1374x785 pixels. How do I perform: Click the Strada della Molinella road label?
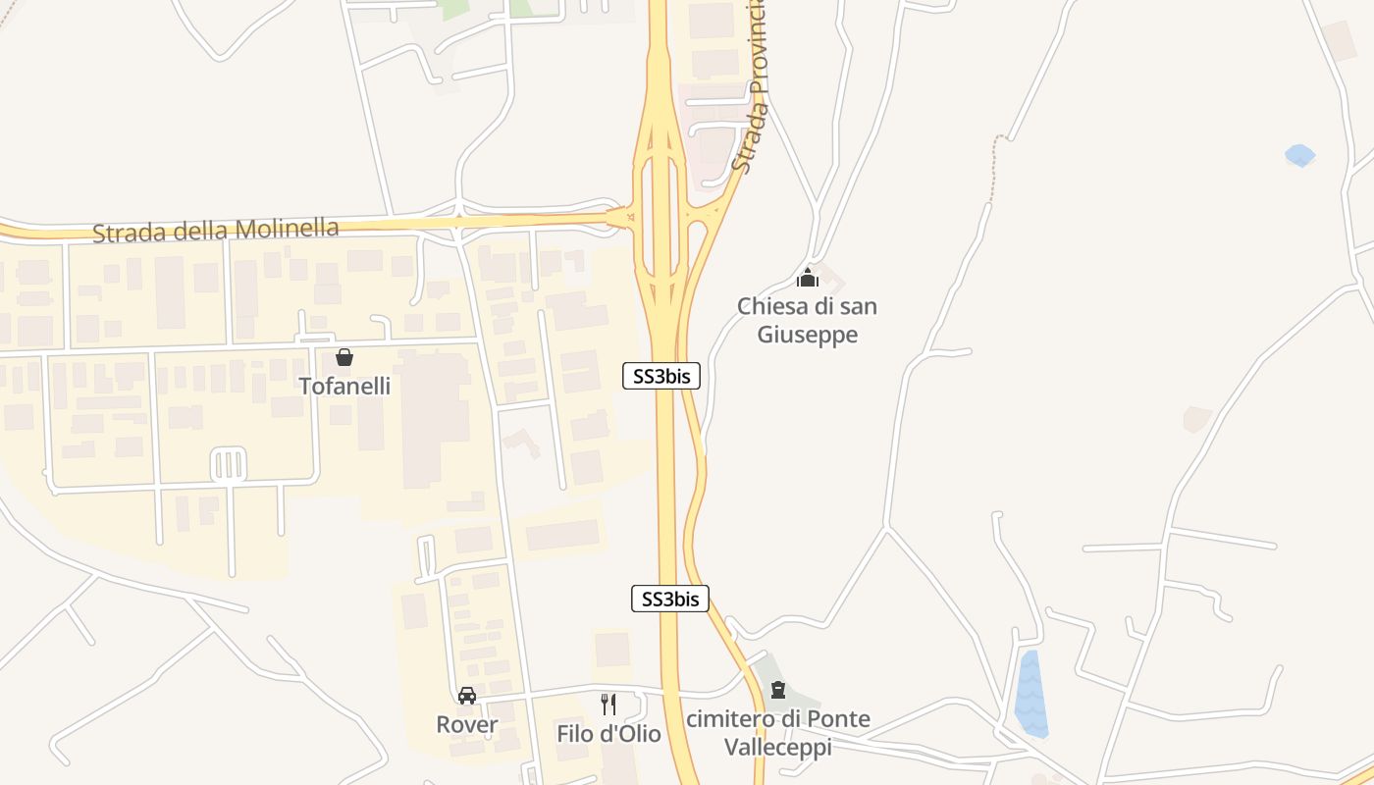[216, 231]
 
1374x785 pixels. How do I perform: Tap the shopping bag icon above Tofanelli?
[344, 357]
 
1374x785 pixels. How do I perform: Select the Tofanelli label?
[344, 386]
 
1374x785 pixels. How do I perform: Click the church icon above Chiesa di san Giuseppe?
[808, 278]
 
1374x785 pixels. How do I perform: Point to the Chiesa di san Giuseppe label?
[807, 320]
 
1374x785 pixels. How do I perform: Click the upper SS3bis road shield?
[661, 376]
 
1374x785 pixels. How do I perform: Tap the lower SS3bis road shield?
[669, 599]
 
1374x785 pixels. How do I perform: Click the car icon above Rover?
[467, 696]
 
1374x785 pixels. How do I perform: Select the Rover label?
[467, 725]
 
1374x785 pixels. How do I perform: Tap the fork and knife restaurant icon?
[608, 704]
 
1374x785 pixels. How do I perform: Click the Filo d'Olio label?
[608, 733]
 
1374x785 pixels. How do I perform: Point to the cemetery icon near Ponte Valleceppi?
[778, 690]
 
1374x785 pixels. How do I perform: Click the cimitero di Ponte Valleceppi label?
[777, 733]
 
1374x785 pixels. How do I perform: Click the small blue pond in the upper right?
[1299, 155]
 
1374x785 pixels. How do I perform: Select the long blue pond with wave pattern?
[1030, 694]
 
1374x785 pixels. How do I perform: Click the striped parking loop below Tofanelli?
[228, 464]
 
